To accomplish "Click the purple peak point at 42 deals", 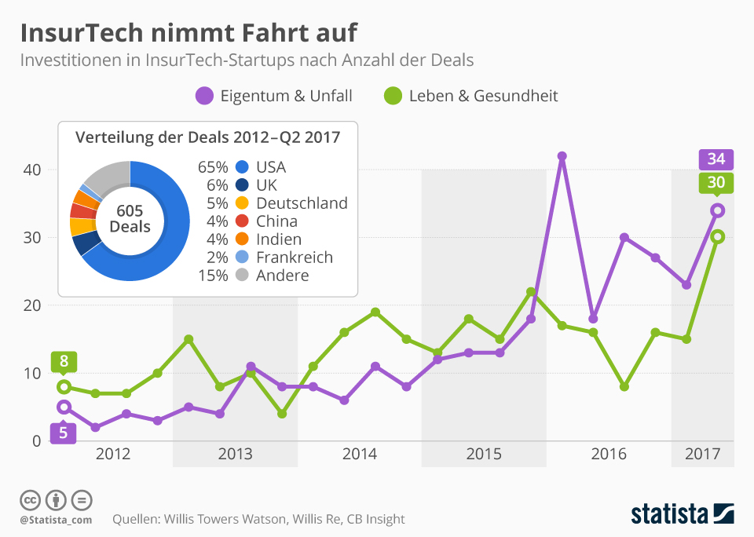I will (x=562, y=156).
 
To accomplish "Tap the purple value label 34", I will (x=716, y=159).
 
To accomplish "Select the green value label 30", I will (x=716, y=183).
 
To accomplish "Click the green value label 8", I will (x=64, y=363).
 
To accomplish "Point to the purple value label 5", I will (x=64, y=432).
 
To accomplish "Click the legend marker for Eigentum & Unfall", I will (x=204, y=96).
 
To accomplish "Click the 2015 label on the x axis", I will (x=484, y=454).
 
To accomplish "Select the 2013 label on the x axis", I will (x=235, y=454).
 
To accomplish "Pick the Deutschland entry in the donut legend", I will (x=302, y=203).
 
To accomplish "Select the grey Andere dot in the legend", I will (x=242, y=276).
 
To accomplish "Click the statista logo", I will (x=682, y=514).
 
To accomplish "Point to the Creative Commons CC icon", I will (x=30, y=499).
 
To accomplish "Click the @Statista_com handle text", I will (x=56, y=520).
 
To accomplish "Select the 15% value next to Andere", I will (x=212, y=276).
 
